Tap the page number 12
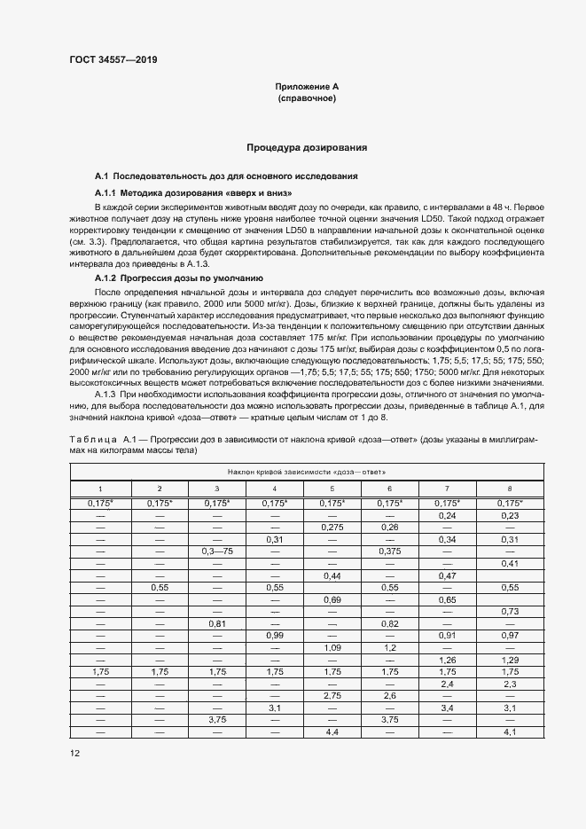click(75, 753)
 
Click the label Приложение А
click(306, 87)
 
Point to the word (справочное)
click(306, 99)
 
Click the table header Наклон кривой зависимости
click(306, 471)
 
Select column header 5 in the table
click(332, 489)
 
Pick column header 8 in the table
click(509, 489)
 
